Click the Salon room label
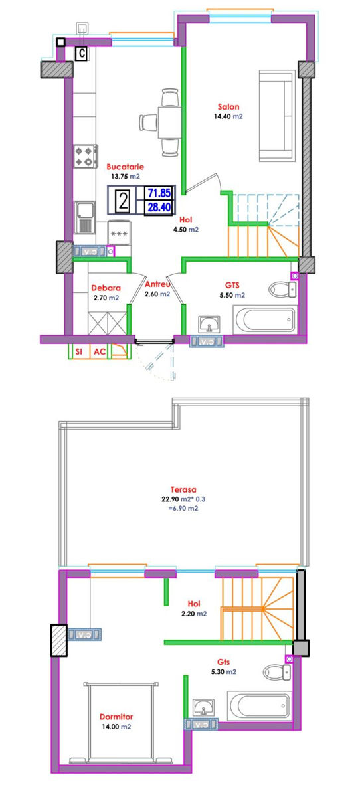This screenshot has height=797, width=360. point(228,106)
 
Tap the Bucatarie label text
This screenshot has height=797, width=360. point(126,167)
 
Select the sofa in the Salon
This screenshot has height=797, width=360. point(277,116)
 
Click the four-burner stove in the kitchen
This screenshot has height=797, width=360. point(86,156)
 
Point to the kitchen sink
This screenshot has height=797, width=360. point(85,217)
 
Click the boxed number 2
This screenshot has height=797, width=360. point(124,201)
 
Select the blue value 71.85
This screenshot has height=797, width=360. point(159,193)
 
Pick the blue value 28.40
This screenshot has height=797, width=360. point(159,207)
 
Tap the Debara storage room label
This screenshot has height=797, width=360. point(106,288)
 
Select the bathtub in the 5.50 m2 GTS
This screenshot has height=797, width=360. point(264,319)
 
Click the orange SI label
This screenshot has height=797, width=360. point(79,351)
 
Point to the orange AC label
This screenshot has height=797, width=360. point(100,351)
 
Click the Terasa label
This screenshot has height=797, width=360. point(183,489)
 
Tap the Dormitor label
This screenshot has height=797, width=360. point(116,716)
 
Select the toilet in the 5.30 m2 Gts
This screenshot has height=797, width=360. point(277,672)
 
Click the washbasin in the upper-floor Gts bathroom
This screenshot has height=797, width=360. point(204,706)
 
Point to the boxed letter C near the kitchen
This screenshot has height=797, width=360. point(82,54)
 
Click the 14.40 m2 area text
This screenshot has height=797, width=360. point(228,116)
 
